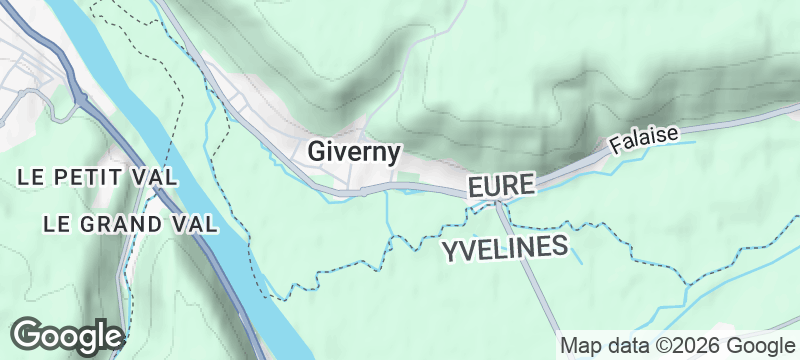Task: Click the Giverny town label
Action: pyautogui.click(x=354, y=153)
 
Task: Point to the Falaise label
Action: pyautogui.click(x=644, y=139)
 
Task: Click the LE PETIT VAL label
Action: pyautogui.click(x=97, y=177)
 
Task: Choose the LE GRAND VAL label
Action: pyautogui.click(x=130, y=223)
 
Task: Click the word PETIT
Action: pyautogui.click(x=98, y=177)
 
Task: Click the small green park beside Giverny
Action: pyautogui.click(x=408, y=178)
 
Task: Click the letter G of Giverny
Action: pyautogui.click(x=316, y=153)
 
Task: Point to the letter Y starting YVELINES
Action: pyautogui.click(x=450, y=249)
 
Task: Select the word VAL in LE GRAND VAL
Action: pyautogui.click(x=197, y=223)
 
